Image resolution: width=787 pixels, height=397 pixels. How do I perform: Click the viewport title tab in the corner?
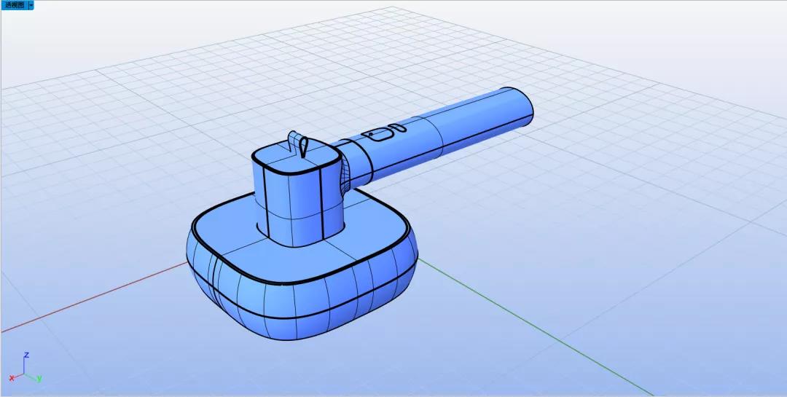click(14, 5)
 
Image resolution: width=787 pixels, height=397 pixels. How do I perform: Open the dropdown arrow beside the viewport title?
click(31, 5)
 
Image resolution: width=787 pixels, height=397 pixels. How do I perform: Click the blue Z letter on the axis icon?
click(26, 355)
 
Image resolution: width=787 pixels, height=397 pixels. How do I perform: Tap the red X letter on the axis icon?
click(12, 378)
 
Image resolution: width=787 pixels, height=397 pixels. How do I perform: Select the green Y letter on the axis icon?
click(39, 378)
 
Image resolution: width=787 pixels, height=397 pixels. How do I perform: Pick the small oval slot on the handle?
click(398, 127)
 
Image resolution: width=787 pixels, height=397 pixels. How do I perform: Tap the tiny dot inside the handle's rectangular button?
click(370, 135)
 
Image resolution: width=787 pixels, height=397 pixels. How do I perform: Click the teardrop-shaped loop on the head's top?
click(302, 145)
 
